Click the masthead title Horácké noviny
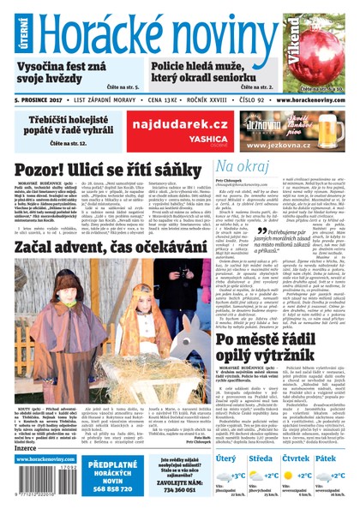pyautogui.click(x=159, y=27)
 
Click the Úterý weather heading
pyautogui.click(x=227, y=458)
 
